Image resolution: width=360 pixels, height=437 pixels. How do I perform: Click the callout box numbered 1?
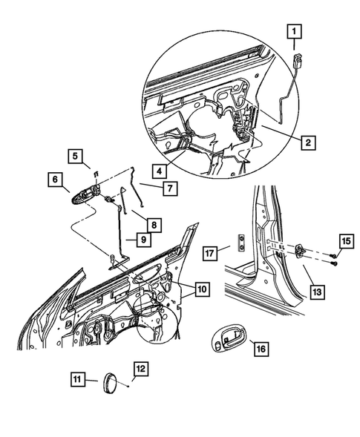[x=295, y=30]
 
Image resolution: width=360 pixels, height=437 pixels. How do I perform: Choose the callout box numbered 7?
[x=169, y=188]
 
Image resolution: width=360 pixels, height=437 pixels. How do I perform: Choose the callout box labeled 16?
[x=261, y=347]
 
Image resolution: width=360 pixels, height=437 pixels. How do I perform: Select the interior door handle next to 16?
[x=228, y=340]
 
